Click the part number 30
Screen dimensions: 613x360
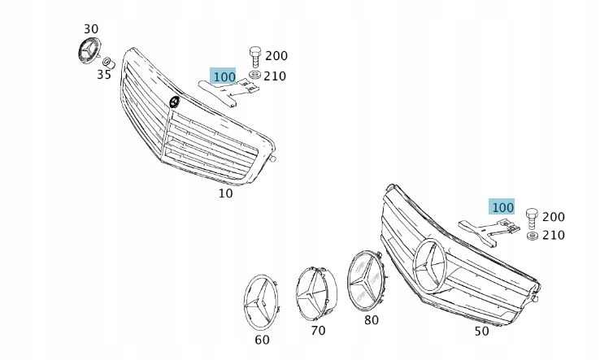[91, 28]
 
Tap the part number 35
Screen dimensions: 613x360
[103, 75]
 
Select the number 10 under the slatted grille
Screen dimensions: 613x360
[225, 193]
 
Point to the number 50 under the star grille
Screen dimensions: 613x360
[482, 332]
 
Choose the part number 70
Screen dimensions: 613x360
[317, 331]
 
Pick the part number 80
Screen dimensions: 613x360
[372, 319]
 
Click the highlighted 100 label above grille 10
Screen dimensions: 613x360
[223, 76]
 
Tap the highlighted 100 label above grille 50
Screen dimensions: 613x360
[502, 207]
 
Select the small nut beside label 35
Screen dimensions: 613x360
[107, 63]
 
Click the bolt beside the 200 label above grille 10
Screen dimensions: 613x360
[254, 56]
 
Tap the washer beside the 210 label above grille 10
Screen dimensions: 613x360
[254, 76]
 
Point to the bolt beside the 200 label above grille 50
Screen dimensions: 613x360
[532, 217]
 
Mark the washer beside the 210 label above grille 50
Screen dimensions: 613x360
[532, 236]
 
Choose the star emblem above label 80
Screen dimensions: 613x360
[367, 281]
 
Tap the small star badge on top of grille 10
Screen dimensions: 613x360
[174, 102]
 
